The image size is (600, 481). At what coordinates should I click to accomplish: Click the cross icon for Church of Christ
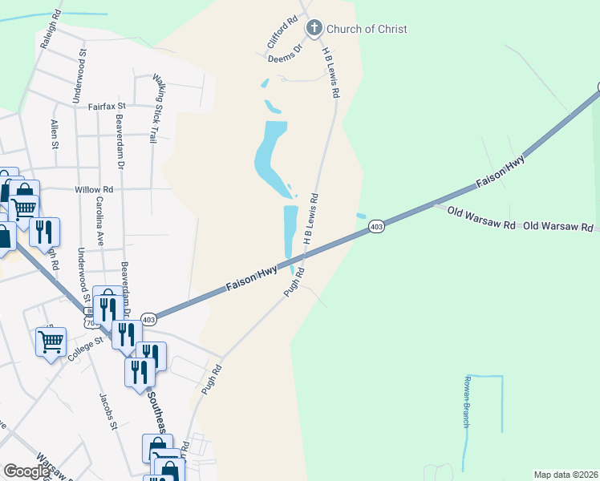click(314, 29)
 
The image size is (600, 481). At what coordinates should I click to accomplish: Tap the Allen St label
click(55, 134)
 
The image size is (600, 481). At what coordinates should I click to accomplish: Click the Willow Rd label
click(94, 189)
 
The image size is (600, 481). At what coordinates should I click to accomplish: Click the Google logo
click(27, 471)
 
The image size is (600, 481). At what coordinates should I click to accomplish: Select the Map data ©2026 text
click(566, 475)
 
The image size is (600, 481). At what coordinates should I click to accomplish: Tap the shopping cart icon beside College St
click(51, 342)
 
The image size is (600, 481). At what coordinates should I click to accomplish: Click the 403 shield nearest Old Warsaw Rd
click(375, 228)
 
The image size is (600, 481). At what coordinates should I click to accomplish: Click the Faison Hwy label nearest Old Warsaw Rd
click(500, 172)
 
